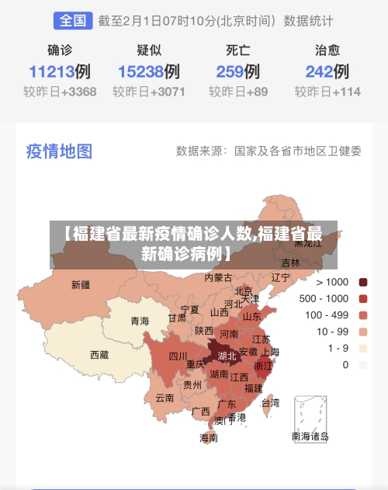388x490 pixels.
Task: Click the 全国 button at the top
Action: pos(73,21)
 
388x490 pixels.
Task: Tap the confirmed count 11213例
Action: pos(60,72)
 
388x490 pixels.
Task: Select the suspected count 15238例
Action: pos(149,72)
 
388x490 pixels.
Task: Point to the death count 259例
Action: pos(238,72)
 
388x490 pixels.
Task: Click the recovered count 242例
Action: pos(327,72)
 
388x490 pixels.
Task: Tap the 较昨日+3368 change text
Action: pos(60,92)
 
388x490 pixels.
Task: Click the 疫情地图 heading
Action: pos(59,151)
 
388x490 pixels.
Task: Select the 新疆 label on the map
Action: pos(81,284)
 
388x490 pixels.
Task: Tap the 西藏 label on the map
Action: pos(100,354)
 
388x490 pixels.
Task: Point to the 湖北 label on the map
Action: pos(227,356)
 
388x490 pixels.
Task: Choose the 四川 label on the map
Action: pos(178,356)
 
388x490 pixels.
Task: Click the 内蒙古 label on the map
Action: pos(219,277)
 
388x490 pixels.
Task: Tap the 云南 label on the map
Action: pos(165,398)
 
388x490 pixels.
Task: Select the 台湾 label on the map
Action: pos(270,402)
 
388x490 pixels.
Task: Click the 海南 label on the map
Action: pos(209,437)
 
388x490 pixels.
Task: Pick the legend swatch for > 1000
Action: pos(362,282)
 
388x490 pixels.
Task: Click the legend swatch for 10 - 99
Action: pos(362,332)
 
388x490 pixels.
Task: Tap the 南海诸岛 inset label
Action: pos(310,436)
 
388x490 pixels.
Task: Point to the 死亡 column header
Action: pos(238,50)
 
